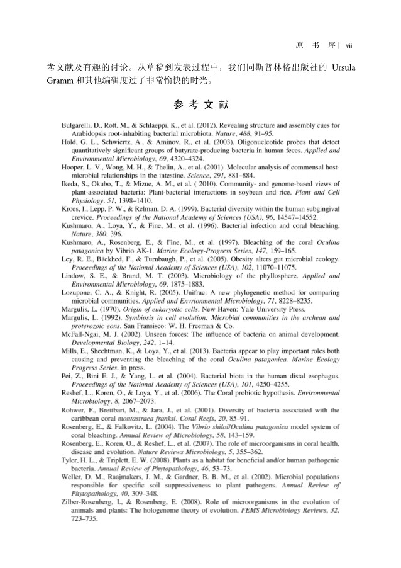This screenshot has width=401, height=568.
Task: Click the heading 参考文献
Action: tap(200, 103)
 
